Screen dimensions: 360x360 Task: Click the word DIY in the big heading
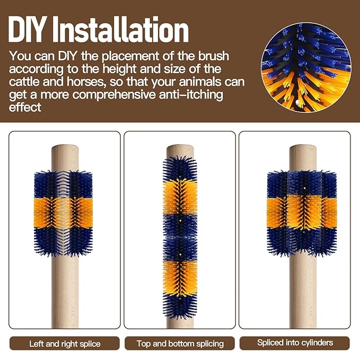(x=26, y=29)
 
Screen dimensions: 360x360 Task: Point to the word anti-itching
(x=191, y=95)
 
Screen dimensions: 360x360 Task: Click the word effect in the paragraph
(x=25, y=107)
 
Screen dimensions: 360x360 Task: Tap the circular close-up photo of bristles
(x=306, y=67)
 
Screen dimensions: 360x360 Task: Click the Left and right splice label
(x=65, y=344)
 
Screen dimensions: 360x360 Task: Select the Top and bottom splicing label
(x=180, y=344)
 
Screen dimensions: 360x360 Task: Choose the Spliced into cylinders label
(x=295, y=343)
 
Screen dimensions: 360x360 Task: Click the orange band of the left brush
(x=64, y=213)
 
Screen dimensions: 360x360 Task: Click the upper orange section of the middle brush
(x=180, y=197)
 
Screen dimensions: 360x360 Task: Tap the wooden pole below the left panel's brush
(x=65, y=292)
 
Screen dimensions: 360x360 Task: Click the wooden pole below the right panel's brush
(x=303, y=292)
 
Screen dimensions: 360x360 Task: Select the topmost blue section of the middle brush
(x=180, y=168)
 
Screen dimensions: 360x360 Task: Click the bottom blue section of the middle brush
(x=180, y=305)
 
